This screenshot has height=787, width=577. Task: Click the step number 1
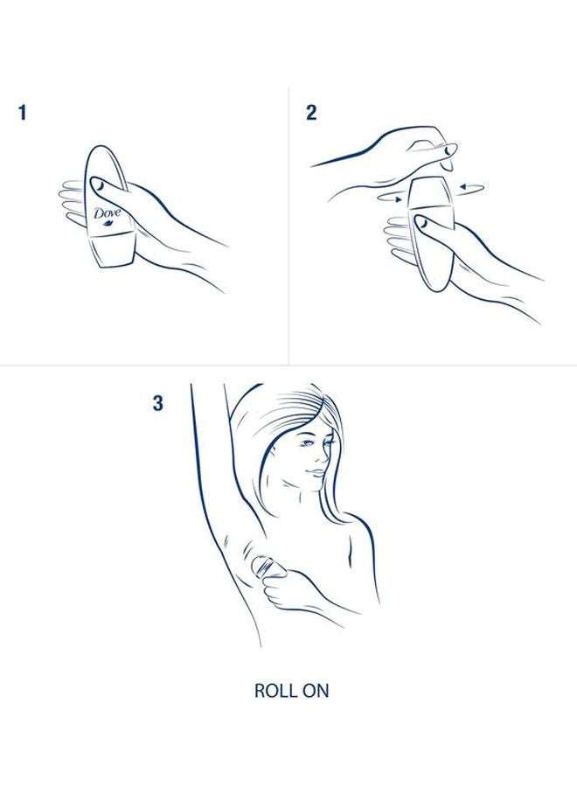coord(23,113)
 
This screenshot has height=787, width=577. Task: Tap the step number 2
coord(311,113)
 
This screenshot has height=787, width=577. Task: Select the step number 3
coord(157,404)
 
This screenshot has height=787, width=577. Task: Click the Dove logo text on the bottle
coord(107,212)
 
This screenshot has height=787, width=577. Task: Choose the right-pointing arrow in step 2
coord(389,199)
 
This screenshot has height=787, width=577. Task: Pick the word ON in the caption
coord(315,690)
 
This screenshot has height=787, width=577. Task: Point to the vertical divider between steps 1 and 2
coord(289,227)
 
